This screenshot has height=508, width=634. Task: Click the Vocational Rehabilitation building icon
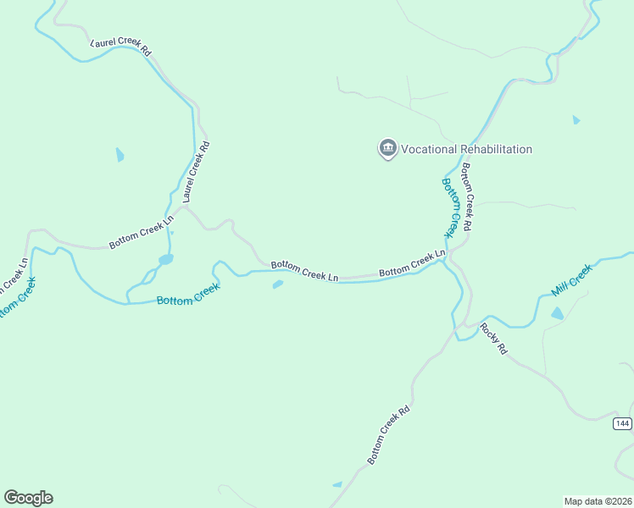pos(388,149)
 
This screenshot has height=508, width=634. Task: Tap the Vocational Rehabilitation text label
pos(466,149)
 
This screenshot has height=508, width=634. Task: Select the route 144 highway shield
pos(623,422)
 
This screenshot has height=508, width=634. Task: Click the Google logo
pos(28,498)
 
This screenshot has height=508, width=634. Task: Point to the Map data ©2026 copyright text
pos(598,500)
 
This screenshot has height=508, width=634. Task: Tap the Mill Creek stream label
pos(571,279)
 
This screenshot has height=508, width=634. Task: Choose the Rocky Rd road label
pos(492,338)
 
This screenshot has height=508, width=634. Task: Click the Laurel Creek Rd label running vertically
pos(195,172)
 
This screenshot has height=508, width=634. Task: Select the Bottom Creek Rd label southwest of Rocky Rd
pos(389,433)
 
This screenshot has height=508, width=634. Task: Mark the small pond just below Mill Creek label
pos(557,313)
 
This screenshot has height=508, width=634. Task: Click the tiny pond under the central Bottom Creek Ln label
pos(277,284)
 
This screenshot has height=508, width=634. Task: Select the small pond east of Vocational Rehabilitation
pos(576,120)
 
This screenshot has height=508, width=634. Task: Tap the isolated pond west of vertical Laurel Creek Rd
pos(120,155)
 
